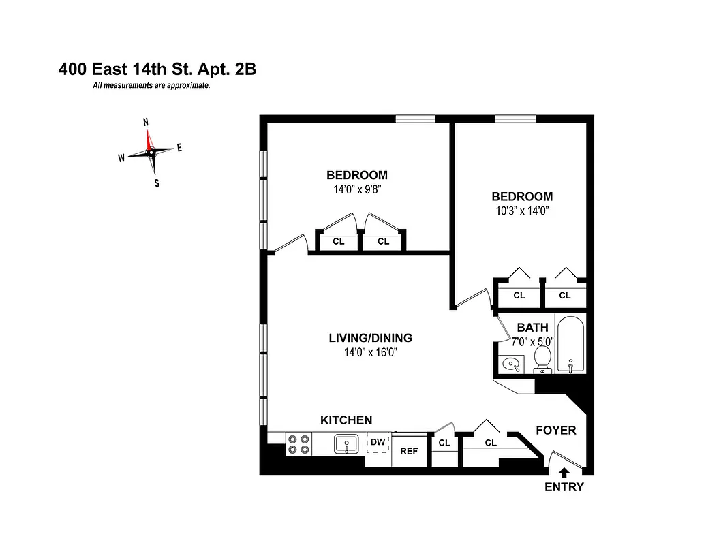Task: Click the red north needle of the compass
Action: [149, 140]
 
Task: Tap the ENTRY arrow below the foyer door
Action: [564, 471]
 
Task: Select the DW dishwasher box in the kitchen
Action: [378, 442]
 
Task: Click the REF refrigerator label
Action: [409, 451]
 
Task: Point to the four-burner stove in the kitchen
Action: [298, 444]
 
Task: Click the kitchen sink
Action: [346, 444]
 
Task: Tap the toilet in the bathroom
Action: [542, 358]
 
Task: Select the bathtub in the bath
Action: [570, 345]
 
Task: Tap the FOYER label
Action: [555, 431]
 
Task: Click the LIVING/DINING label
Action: [370, 338]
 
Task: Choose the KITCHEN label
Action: [346, 420]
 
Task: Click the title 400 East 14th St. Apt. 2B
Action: [157, 69]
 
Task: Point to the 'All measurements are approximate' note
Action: [151, 86]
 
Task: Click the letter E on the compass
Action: [179, 148]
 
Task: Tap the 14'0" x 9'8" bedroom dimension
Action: [356, 190]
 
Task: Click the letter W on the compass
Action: [121, 158]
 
